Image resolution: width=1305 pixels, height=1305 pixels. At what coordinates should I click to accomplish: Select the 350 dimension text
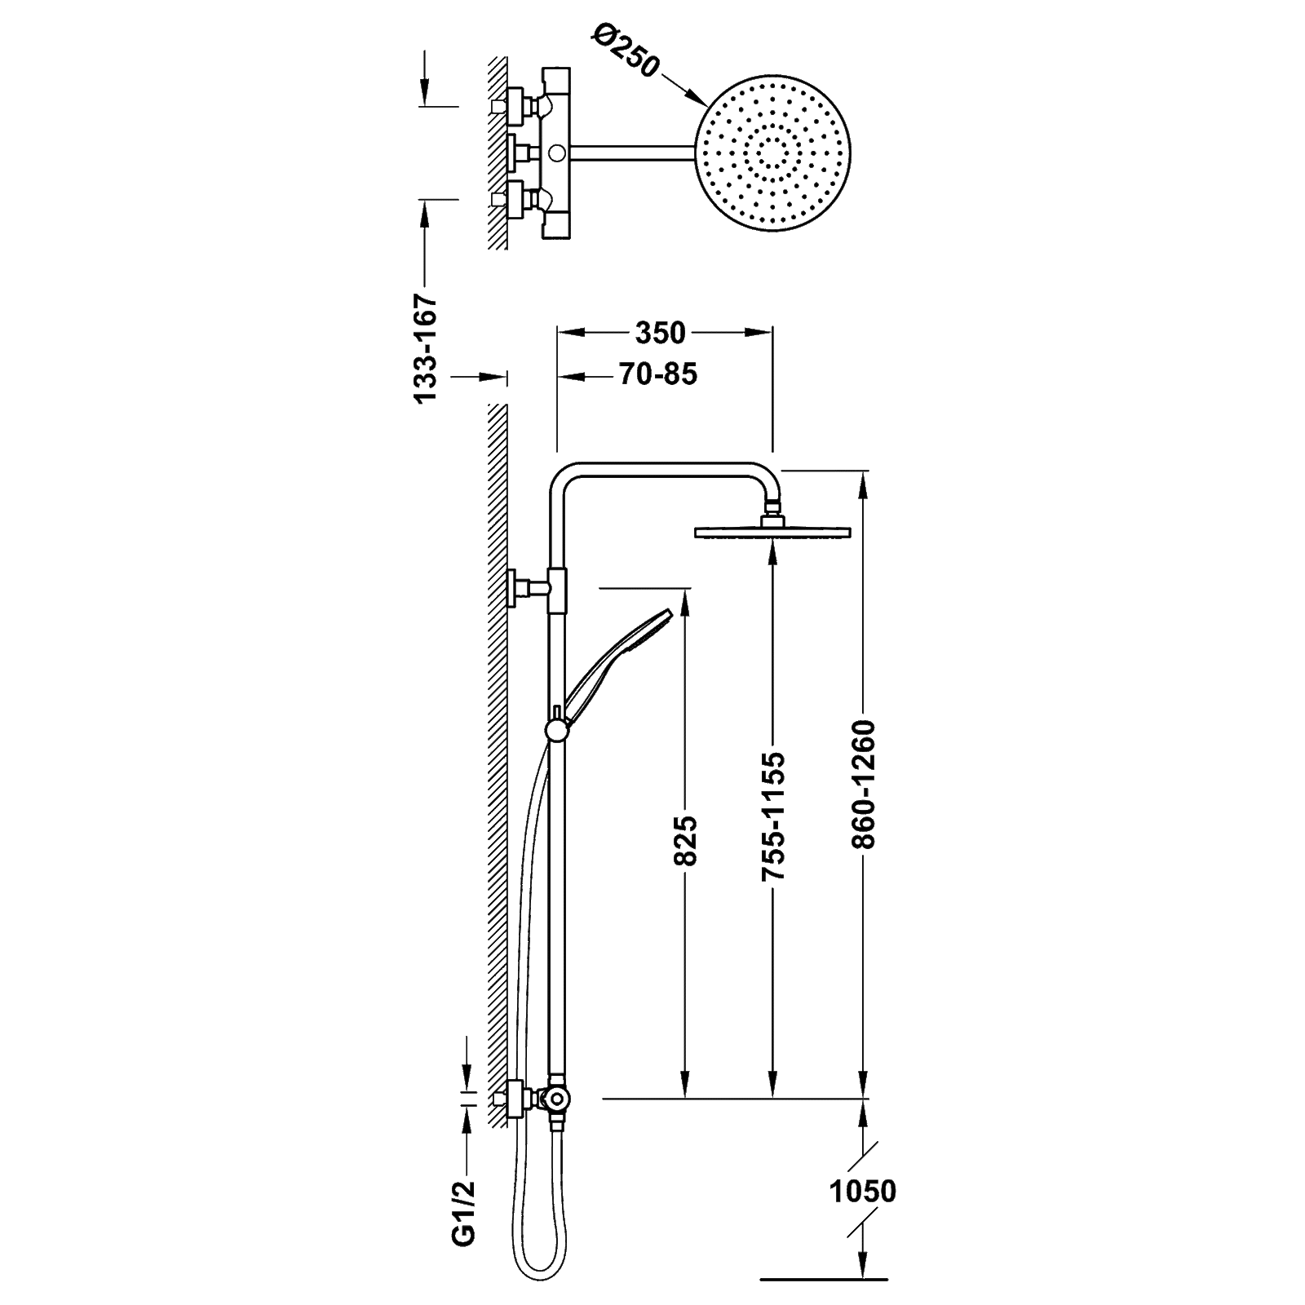[x=661, y=333]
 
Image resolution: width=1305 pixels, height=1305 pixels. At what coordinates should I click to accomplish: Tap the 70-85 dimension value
[x=657, y=376]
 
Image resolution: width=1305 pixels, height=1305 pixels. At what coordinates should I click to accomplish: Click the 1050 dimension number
[x=863, y=1192]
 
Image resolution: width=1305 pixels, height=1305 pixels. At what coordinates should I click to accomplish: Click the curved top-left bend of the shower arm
[x=563, y=476]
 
